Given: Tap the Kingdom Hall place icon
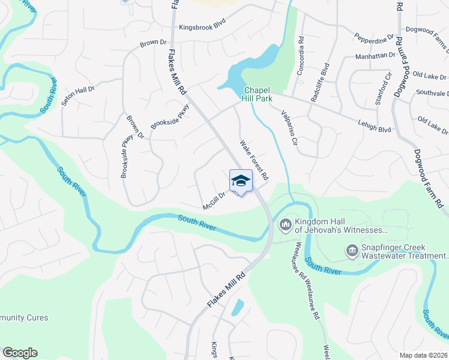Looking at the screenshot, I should point(285,225).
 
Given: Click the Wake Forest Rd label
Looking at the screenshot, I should point(254,160).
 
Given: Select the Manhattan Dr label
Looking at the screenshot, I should point(375,55).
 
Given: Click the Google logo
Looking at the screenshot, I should point(20,353).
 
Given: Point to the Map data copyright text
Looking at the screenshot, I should point(424,355).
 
